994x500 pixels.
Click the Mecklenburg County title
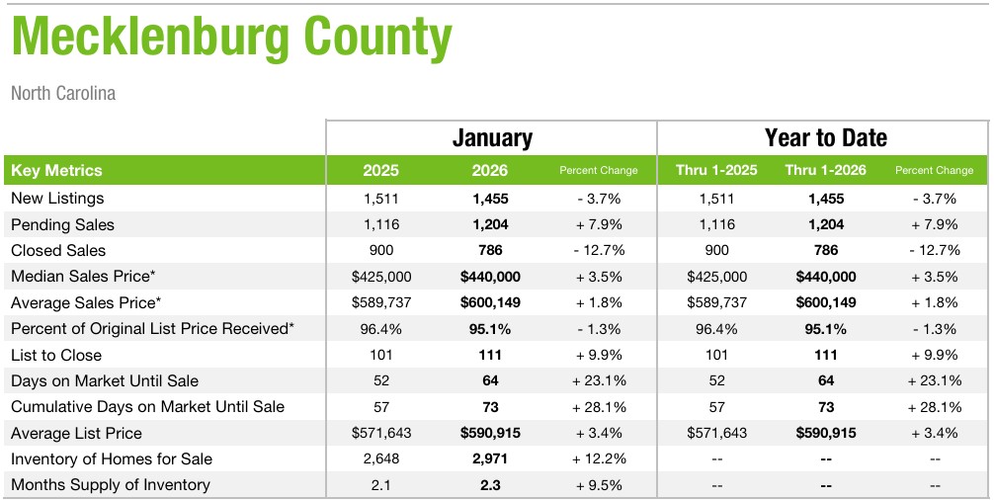(x=232, y=38)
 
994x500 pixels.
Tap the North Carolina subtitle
(x=63, y=94)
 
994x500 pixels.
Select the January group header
(x=491, y=138)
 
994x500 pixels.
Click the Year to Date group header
(x=825, y=138)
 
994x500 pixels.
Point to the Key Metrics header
(x=56, y=170)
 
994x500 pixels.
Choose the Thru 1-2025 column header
(x=716, y=170)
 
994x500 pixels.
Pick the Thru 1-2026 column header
(x=825, y=170)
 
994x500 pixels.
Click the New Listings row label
(x=56, y=199)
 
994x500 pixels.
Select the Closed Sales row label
(x=58, y=250)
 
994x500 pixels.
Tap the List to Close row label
(x=56, y=355)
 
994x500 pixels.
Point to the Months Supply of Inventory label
(x=110, y=485)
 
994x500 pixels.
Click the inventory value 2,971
(x=491, y=459)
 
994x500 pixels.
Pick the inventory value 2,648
(x=380, y=459)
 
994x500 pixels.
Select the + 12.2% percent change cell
(x=599, y=459)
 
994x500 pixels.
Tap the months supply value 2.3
(x=491, y=485)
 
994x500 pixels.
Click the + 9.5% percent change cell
(x=599, y=485)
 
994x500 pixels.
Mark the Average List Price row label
(x=76, y=433)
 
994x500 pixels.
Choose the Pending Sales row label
(x=62, y=224)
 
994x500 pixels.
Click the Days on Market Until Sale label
(x=105, y=380)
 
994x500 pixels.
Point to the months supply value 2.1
(x=380, y=485)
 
